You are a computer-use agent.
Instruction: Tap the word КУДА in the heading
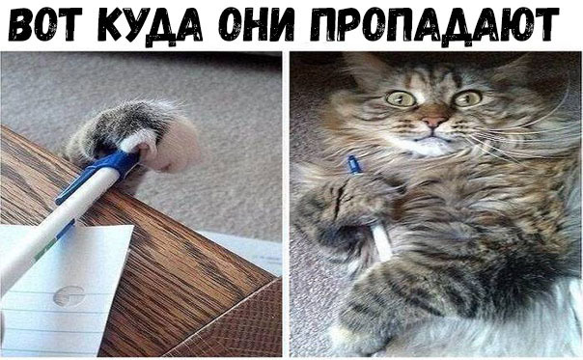151,26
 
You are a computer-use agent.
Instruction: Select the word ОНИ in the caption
257,24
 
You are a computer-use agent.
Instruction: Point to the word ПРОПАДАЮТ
434,26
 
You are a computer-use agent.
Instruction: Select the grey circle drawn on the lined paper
69,296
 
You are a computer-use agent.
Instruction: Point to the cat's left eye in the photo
401,98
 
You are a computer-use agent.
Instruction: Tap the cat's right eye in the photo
467,98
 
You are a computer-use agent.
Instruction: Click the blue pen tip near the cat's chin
354,164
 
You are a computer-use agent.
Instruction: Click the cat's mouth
431,138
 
